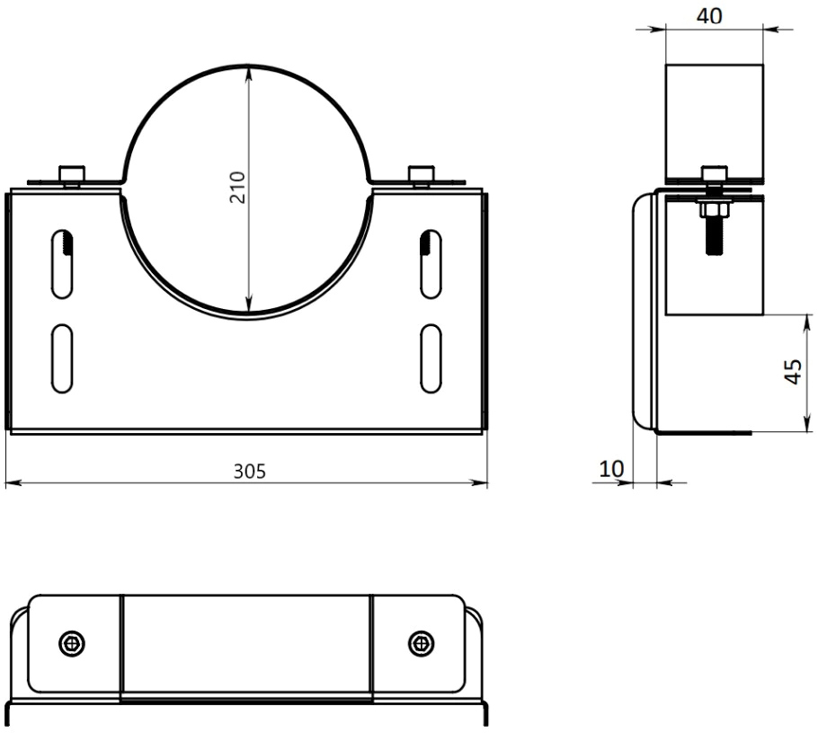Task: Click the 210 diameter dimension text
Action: pos(237,187)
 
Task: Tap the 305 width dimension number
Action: pos(249,472)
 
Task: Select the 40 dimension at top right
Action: pos(709,16)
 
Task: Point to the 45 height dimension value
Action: pos(793,371)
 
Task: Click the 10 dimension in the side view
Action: pos(611,469)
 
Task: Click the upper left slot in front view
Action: pos(62,264)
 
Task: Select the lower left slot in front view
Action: pos(62,358)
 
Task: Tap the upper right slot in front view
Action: pos(431,264)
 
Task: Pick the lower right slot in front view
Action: pos(431,358)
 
